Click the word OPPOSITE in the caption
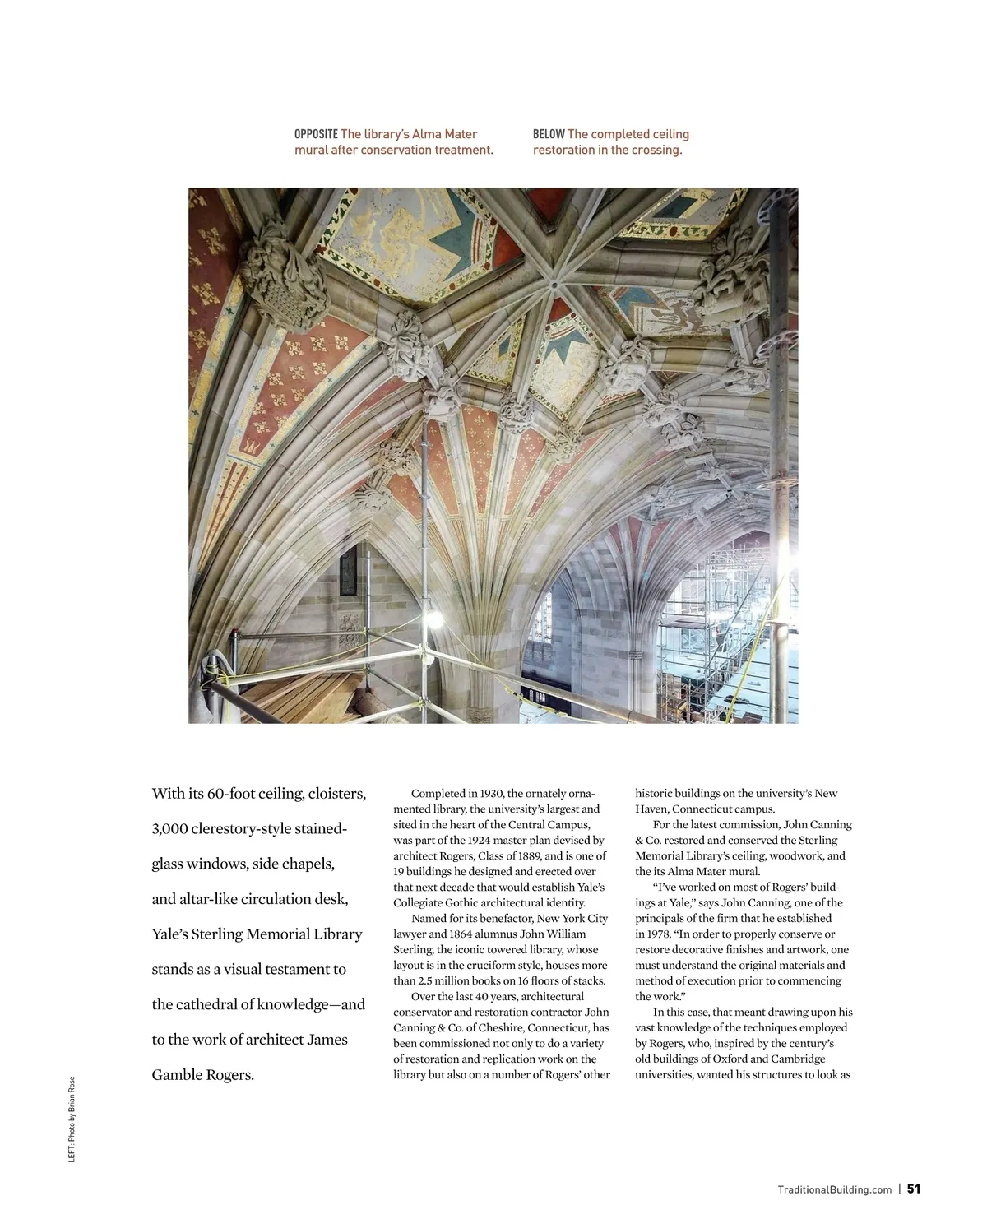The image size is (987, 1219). (316, 134)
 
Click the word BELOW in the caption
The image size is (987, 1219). (548, 134)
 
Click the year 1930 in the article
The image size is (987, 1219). (491, 794)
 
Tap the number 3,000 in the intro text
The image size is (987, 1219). (170, 829)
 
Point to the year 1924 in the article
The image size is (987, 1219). (481, 841)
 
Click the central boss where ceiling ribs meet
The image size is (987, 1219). (557, 285)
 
